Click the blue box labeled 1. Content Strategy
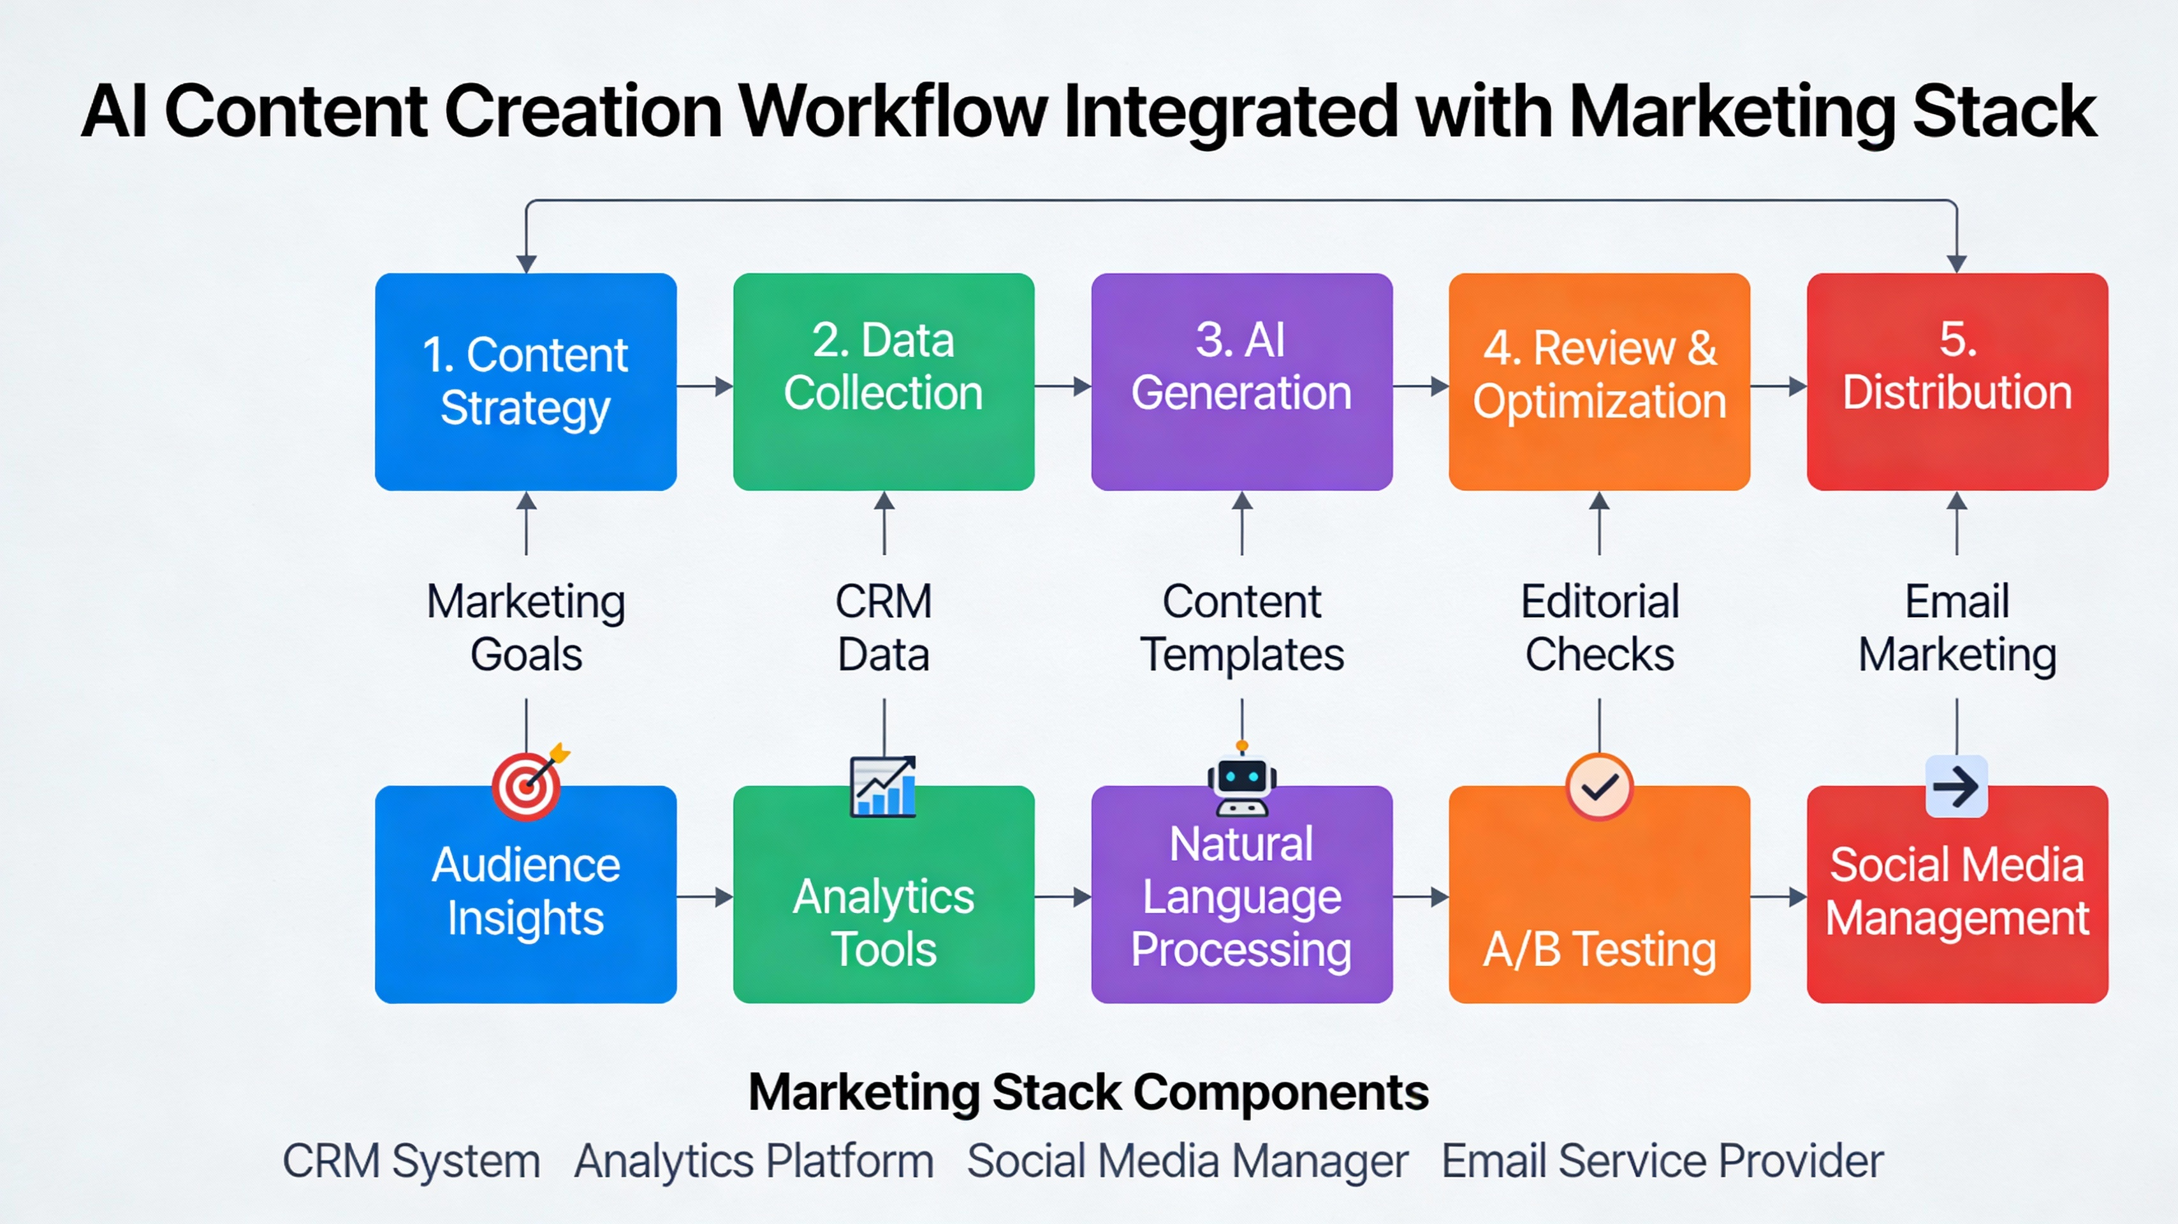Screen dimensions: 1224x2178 [525, 381]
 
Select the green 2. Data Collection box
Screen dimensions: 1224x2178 [884, 381]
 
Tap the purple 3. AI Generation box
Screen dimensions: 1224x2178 [1241, 381]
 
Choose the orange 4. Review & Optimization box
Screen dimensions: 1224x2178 [1599, 381]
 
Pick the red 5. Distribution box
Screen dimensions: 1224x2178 [1957, 381]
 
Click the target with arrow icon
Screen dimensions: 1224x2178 [529, 783]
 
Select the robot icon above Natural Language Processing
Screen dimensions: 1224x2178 [1241, 782]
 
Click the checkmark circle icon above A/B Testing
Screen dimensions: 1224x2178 [1599, 787]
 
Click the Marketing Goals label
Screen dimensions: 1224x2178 [525, 627]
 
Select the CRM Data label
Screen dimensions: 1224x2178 [884, 627]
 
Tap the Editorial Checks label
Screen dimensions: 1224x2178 [1599, 627]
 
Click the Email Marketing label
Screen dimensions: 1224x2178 [1957, 627]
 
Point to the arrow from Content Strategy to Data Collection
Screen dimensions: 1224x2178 [705, 386]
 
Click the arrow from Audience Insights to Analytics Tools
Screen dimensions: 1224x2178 [705, 897]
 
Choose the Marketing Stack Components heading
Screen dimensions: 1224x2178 [1088, 1092]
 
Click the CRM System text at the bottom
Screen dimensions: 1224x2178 [411, 1161]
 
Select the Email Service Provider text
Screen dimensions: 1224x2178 [1662, 1161]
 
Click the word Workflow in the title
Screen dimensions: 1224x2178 [893, 112]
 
